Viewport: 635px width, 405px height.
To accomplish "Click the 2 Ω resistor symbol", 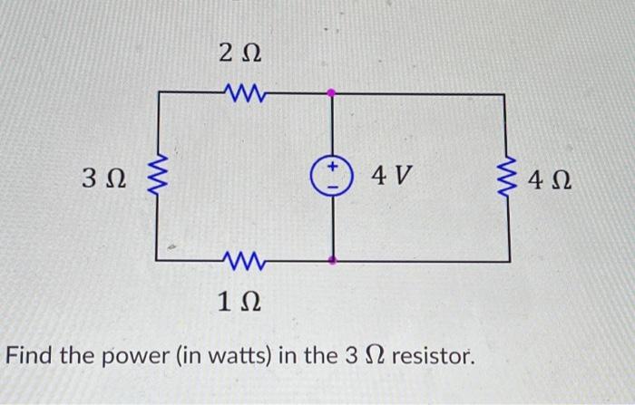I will (240, 92).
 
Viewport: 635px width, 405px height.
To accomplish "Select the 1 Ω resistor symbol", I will (240, 262).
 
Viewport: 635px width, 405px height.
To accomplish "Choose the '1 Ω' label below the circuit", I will (239, 302).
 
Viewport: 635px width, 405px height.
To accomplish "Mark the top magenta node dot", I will (333, 92).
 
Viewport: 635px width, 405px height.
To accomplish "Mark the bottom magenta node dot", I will (333, 261).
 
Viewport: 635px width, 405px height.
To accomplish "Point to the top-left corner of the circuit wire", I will (160, 92).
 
